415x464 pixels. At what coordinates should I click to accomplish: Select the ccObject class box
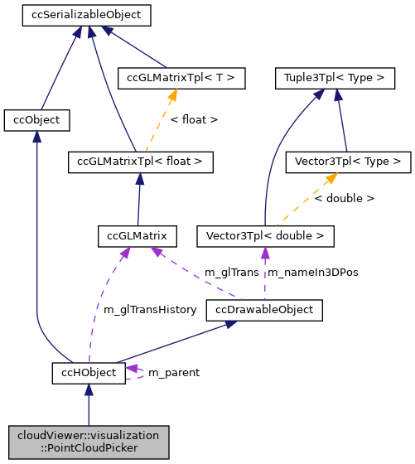click(36, 120)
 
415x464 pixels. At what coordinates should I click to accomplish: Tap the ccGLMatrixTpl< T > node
click(181, 79)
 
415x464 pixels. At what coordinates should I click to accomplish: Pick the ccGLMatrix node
click(137, 236)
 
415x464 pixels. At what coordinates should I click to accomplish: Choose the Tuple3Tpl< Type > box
click(335, 79)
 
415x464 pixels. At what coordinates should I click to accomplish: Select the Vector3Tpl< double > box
click(265, 236)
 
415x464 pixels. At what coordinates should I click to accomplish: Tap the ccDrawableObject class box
click(264, 311)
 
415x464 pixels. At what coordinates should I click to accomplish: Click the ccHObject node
click(89, 373)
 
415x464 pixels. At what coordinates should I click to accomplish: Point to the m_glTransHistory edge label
click(150, 309)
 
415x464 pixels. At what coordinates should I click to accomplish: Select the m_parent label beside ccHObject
click(173, 373)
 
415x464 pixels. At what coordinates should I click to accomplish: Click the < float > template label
click(194, 120)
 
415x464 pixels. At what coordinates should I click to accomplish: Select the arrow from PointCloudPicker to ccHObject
click(89, 406)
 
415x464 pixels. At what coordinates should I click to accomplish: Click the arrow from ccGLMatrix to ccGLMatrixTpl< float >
click(138, 199)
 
